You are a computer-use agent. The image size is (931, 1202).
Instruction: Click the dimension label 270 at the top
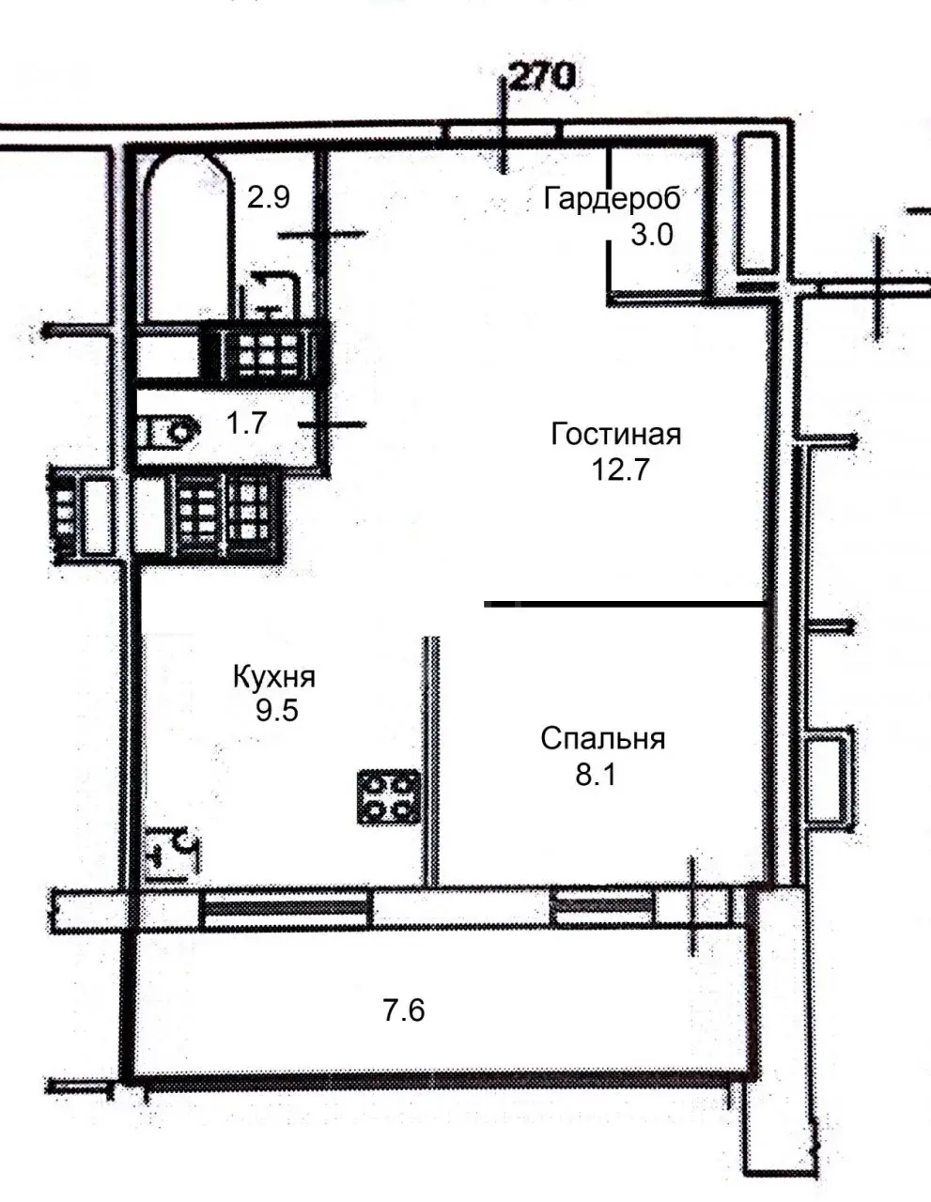click(540, 77)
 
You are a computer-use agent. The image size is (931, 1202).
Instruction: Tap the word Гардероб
click(612, 198)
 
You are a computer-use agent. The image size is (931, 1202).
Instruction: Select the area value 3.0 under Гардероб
click(652, 235)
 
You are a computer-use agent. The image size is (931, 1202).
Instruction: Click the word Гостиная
click(615, 434)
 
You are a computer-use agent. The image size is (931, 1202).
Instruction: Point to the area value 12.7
click(619, 470)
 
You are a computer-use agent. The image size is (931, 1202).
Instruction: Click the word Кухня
click(273, 677)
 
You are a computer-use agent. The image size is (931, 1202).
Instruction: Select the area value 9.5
click(276, 711)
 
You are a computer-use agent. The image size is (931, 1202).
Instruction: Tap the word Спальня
click(602, 738)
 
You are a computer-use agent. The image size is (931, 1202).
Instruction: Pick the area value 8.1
click(596, 774)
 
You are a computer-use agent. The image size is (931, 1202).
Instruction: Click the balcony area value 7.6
click(404, 1010)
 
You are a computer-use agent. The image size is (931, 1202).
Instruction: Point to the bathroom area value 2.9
click(269, 197)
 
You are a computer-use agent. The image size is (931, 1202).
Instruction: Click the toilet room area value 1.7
click(247, 424)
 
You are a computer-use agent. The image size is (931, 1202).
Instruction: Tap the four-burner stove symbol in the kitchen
click(388, 797)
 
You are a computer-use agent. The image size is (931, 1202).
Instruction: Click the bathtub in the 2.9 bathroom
click(188, 238)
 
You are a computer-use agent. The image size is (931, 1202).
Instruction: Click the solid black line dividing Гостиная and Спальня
click(625, 605)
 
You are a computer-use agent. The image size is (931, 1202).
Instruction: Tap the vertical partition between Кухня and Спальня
click(431, 761)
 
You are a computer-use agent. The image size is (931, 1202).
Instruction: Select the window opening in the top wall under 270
click(503, 131)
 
